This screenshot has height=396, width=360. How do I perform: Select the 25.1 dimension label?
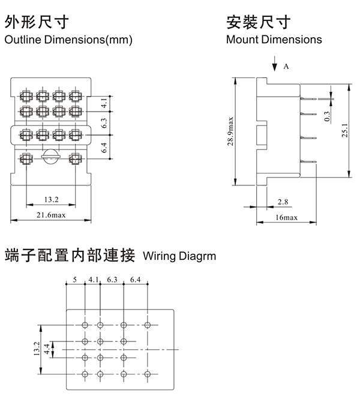pyautogui.click(x=344, y=130)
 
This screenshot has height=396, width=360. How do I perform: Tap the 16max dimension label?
pyautogui.click(x=286, y=217)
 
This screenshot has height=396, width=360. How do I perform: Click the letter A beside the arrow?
pyautogui.click(x=286, y=67)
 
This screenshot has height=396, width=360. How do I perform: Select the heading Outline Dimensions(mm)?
pyautogui.click(x=68, y=40)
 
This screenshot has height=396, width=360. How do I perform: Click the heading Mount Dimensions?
pyautogui.click(x=274, y=40)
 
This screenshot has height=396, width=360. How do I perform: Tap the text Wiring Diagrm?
pyautogui.click(x=180, y=256)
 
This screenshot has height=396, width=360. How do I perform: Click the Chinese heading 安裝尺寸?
pyautogui.click(x=259, y=23)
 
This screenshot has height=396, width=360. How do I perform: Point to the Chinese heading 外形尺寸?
pyautogui.click(x=37, y=23)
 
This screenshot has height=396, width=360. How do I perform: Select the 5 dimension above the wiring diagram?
pyautogui.click(x=75, y=280)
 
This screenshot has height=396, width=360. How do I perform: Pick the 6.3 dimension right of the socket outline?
pyautogui.click(x=104, y=124)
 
